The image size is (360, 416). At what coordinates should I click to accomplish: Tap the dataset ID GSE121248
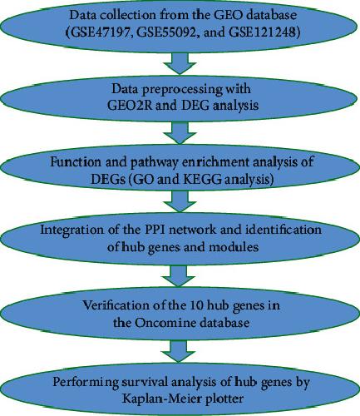(x=263, y=32)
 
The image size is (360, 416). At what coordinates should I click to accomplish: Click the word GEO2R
(x=130, y=106)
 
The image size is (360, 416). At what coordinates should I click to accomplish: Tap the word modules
(x=234, y=247)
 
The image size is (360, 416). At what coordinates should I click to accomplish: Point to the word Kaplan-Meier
(x=162, y=399)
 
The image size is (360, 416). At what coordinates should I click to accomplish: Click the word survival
(x=145, y=382)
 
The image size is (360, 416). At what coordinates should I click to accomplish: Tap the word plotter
(x=225, y=399)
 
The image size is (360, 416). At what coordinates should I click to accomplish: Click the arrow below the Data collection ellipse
(x=180, y=63)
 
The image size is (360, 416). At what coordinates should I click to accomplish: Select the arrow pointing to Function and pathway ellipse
(x=180, y=133)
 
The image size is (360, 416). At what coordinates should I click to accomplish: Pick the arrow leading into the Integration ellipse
(x=180, y=201)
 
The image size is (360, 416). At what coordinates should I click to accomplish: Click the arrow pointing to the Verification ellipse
(x=178, y=276)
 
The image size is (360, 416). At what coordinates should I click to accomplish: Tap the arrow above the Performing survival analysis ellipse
(x=178, y=352)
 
